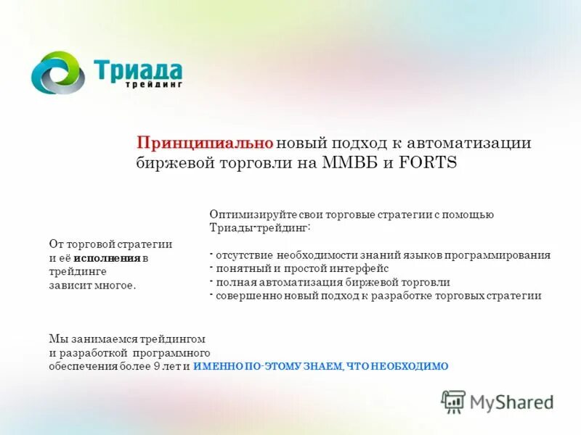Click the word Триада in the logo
(x=138, y=70)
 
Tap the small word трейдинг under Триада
(x=153, y=84)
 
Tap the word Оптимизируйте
(x=244, y=215)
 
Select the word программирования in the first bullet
(x=503, y=255)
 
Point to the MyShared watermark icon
(x=454, y=401)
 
